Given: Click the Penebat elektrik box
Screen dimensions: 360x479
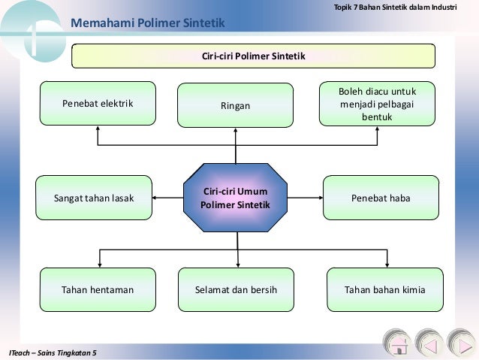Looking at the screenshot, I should pos(98,103).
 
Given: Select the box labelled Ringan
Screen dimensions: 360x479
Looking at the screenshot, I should pos(235,106).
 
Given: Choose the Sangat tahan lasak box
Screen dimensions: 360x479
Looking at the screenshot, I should pos(94,198).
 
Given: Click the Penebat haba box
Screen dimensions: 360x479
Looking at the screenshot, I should pos(381,198).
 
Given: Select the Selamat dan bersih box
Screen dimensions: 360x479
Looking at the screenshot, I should pos(235,289).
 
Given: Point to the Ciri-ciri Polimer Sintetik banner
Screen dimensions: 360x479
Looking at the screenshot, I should pos(253,56).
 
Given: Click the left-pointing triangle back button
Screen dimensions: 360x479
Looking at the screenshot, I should pos(429,345).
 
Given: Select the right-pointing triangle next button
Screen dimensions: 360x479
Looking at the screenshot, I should pos(460,345).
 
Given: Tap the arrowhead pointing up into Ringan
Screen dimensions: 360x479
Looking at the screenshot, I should pos(236,129).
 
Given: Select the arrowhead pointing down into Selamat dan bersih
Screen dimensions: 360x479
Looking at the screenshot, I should pos(237,264).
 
